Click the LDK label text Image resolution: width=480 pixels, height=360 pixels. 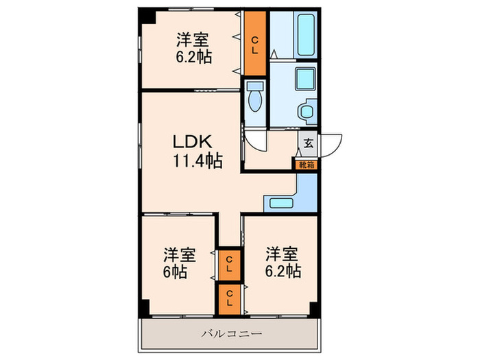point(195,143)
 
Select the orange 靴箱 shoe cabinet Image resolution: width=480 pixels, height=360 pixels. point(306,165)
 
